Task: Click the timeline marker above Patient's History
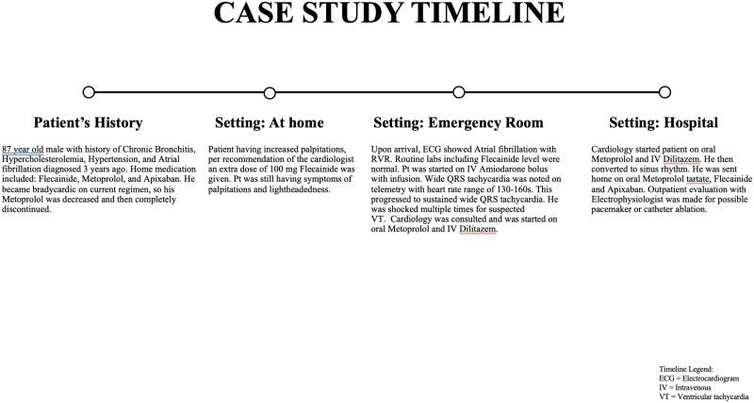click(x=89, y=92)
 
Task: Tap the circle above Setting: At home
click(x=270, y=92)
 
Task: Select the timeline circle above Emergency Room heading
click(x=459, y=92)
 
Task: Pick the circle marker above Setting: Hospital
click(x=664, y=92)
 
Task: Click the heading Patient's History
click(x=89, y=123)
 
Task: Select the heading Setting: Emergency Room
click(x=458, y=123)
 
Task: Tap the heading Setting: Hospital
click(x=664, y=123)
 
